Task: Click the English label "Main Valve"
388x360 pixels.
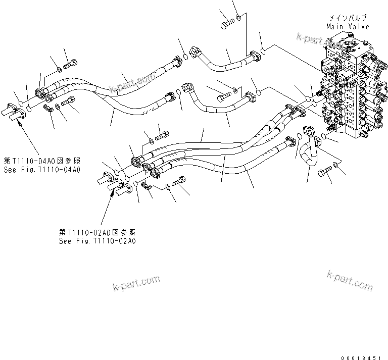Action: (348, 26)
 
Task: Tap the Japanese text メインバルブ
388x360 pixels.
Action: (348, 18)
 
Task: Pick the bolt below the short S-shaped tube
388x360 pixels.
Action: (323, 172)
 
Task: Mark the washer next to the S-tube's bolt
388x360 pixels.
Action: (336, 166)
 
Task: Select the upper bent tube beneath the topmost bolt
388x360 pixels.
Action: (222, 62)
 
